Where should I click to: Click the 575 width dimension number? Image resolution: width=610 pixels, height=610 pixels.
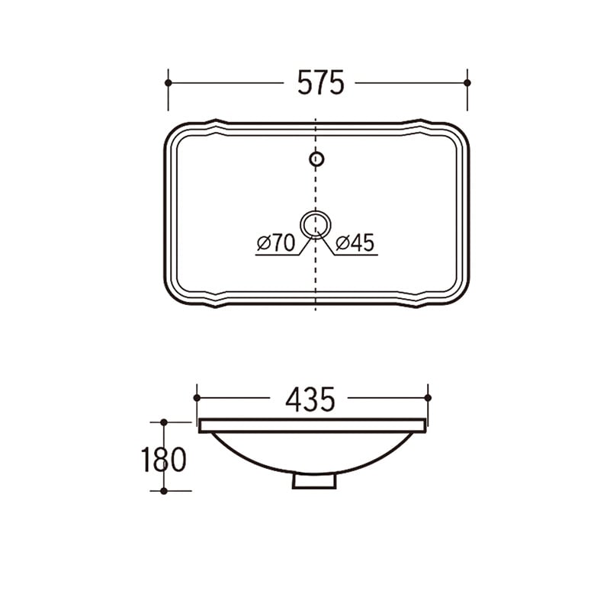pos(321,82)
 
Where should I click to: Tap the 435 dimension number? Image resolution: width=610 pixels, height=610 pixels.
pos(310,400)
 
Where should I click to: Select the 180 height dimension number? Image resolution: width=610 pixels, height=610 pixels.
pos(164,460)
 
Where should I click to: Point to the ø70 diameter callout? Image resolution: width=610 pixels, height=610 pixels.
pos(276,243)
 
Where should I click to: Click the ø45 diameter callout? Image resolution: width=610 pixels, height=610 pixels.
pos(355,242)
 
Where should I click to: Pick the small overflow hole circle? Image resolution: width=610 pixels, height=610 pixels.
pos(316,159)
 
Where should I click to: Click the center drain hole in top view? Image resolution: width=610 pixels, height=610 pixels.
pos(316,224)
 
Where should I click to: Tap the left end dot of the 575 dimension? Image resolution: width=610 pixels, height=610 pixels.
pos(168,83)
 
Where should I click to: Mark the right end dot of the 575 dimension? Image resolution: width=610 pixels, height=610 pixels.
pos(467,83)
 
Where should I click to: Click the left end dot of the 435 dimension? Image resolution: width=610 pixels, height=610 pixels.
pos(197,397)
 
